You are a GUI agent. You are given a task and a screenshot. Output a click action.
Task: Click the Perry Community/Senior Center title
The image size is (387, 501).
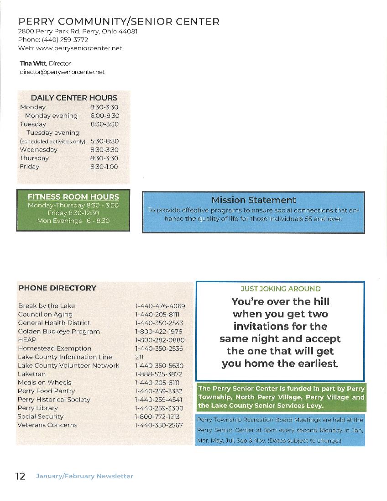coord(119,21)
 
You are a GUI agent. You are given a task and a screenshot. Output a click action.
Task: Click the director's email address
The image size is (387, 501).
coord(62,72)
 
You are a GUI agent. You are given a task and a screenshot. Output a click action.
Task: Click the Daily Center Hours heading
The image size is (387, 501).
coord(74,98)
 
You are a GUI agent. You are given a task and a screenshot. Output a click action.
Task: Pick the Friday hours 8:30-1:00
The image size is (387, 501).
coord(104,167)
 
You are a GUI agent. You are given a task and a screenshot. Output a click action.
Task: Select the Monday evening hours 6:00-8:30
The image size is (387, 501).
coord(105,116)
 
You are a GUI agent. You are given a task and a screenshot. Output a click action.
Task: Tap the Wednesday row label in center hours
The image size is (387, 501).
coord(38,150)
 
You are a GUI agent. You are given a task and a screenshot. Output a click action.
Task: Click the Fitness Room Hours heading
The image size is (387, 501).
coord(73,197)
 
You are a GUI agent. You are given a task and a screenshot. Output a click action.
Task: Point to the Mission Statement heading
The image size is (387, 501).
coord(253,200)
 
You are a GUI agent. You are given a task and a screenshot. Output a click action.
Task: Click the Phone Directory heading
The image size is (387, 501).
coord(57,288)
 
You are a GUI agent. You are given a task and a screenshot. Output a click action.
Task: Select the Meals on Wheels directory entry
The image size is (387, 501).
coord(44,382)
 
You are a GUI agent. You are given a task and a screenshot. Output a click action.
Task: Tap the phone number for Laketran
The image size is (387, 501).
coord(158,374)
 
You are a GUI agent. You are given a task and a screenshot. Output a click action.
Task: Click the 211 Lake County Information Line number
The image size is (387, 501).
coord(139,357)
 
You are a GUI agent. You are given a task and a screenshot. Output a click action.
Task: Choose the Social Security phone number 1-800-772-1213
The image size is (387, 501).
coord(157,417)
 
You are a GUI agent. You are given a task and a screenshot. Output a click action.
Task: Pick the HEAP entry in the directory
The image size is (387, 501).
coord(27,340)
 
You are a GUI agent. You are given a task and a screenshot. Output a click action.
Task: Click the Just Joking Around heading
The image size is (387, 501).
coord(280,289)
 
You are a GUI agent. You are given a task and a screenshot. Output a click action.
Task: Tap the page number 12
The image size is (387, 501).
coord(20,476)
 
